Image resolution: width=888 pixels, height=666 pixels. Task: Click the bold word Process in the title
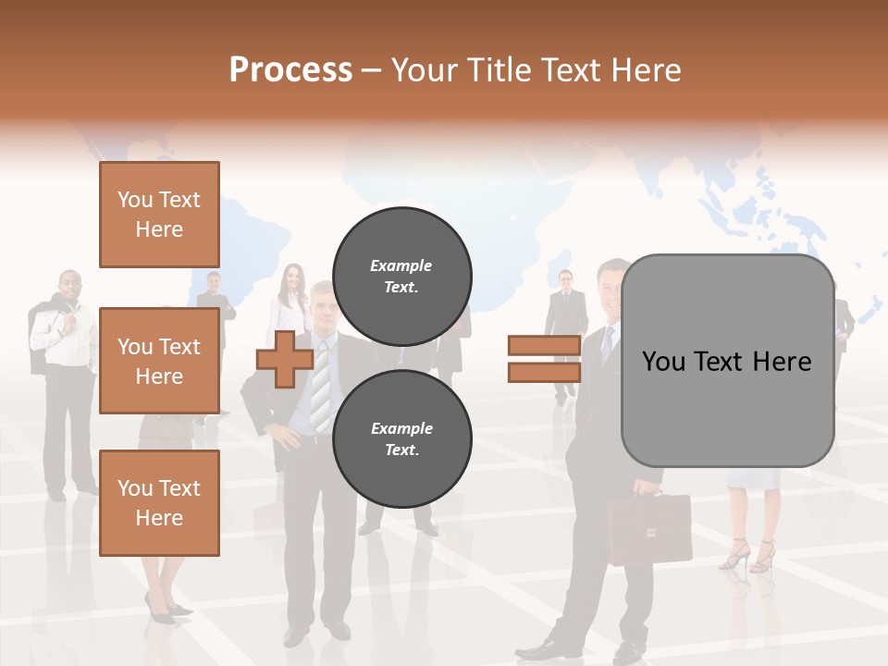point(290,69)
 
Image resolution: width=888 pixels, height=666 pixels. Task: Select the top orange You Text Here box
point(159,215)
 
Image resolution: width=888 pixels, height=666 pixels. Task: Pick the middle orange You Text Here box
point(159,361)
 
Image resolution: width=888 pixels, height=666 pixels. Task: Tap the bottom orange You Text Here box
point(159,503)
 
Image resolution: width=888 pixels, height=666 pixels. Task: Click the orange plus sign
point(284,359)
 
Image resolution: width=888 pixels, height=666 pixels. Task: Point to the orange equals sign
point(544,359)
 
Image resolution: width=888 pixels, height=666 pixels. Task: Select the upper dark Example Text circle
point(401,277)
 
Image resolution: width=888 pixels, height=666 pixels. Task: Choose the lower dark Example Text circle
point(401,439)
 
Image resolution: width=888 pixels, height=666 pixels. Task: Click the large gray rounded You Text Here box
point(727,361)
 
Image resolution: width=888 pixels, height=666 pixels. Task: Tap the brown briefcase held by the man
point(648,529)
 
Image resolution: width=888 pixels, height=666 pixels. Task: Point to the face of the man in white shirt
point(69,287)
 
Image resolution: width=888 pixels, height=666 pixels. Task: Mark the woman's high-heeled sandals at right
point(749,555)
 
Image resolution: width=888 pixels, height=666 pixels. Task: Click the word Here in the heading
point(646,69)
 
